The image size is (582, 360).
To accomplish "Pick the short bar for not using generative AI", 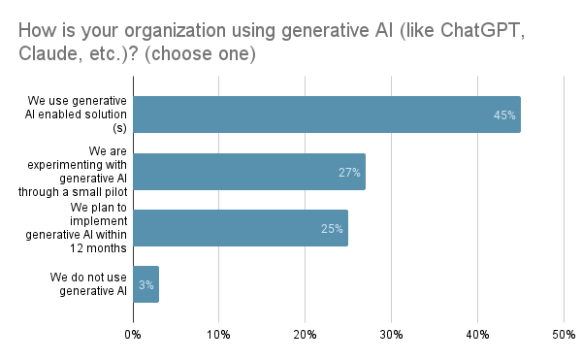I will (145, 284).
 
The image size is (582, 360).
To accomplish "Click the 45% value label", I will (504, 115).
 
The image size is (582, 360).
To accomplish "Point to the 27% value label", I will (349, 173).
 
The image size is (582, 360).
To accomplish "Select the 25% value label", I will (333, 229).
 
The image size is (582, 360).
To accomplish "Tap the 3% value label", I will (145, 285).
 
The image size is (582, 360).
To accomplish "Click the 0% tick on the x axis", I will (133, 336).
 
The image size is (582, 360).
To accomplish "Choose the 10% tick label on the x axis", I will (219, 336).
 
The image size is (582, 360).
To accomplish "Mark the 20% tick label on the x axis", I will (306, 336).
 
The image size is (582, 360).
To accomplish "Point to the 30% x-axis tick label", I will (391, 336).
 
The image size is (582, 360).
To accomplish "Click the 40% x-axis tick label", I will (477, 336).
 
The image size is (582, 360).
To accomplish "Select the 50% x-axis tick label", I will (563, 336).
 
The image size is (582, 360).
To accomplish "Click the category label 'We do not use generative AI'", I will (88, 284).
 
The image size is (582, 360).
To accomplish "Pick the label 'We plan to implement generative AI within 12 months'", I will (92, 228).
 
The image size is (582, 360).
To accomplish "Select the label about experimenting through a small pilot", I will (93, 172).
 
